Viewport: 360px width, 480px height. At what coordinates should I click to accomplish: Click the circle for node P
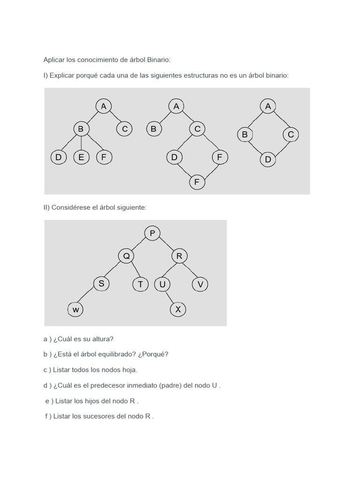[152, 233]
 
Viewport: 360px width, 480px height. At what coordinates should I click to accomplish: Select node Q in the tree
[126, 256]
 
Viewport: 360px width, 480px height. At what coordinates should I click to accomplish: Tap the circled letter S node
[101, 283]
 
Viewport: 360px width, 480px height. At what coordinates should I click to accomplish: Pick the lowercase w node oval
[75, 309]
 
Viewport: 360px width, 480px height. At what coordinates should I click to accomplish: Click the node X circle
[178, 309]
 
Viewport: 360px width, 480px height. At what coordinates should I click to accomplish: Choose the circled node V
[200, 284]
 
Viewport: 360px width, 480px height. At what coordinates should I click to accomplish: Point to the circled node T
[140, 284]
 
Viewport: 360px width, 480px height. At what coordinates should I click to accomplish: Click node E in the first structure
[82, 157]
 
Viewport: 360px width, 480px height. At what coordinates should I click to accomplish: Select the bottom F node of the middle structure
[197, 181]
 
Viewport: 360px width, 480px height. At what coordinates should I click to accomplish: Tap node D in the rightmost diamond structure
[268, 159]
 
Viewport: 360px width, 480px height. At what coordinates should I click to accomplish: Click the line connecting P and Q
[139, 244]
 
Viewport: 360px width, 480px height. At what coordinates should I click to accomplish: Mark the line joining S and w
[88, 296]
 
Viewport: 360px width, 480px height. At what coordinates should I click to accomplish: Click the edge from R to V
[190, 270]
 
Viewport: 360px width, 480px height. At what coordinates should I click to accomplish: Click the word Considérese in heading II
[75, 207]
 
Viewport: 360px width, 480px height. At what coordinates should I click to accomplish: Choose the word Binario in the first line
[159, 60]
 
